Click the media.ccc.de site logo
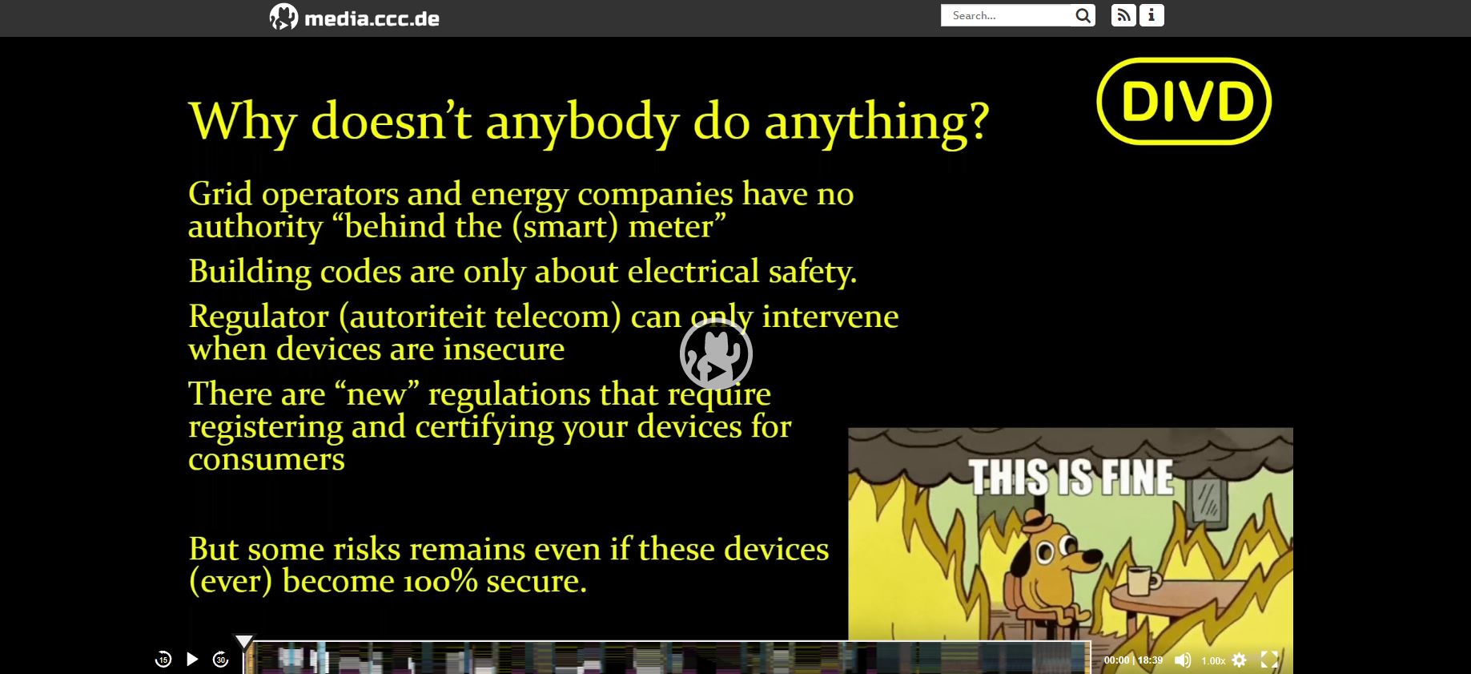[354, 17]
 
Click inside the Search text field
[1006, 15]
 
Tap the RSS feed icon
[1123, 15]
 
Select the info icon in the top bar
[1151, 15]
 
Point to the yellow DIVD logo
[1184, 101]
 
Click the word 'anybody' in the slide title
[583, 123]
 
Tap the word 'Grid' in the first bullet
[219, 194]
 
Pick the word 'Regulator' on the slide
[259, 317]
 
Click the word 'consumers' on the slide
[267, 460]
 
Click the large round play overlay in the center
[716, 353]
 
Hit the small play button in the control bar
[192, 659]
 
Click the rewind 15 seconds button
[163, 659]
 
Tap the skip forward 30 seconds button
[221, 659]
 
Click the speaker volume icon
[1183, 660]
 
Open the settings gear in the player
[1240, 660]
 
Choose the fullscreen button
[1269, 660]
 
